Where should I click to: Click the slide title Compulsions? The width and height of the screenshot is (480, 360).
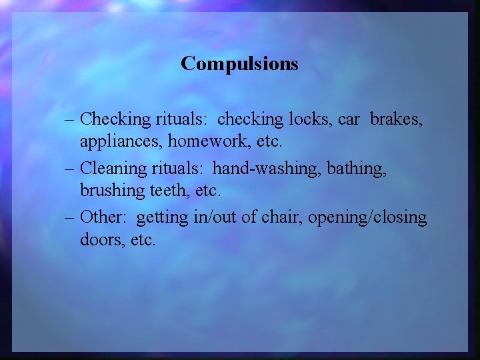pos(239,64)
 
